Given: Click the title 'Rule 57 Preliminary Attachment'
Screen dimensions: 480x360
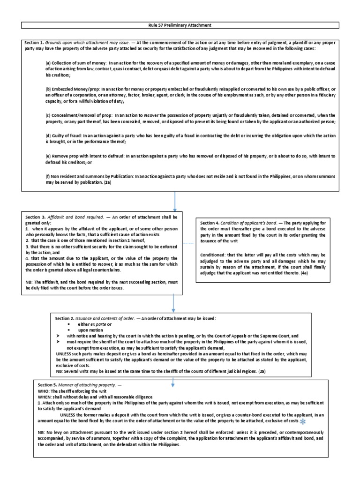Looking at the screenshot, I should point(180,25).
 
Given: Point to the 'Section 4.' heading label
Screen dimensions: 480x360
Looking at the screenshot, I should point(210,222).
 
